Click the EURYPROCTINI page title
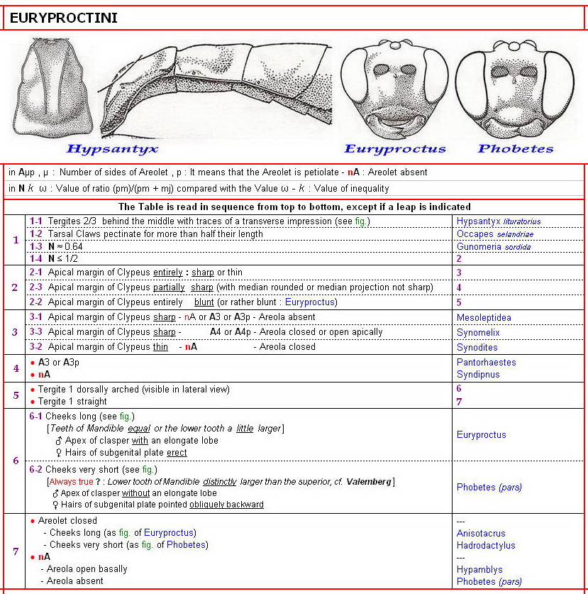click(64, 18)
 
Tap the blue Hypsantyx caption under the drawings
click(111, 148)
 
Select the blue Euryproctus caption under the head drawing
click(394, 148)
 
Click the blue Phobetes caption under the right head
click(515, 148)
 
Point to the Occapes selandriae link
click(494, 234)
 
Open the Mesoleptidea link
click(484, 318)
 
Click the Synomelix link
click(478, 333)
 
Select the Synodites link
click(477, 348)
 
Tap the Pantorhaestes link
click(486, 363)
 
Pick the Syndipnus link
click(479, 375)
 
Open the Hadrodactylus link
click(486, 546)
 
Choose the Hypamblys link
click(479, 569)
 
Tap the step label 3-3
click(36, 332)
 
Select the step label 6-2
click(36, 469)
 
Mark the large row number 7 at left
click(16, 551)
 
